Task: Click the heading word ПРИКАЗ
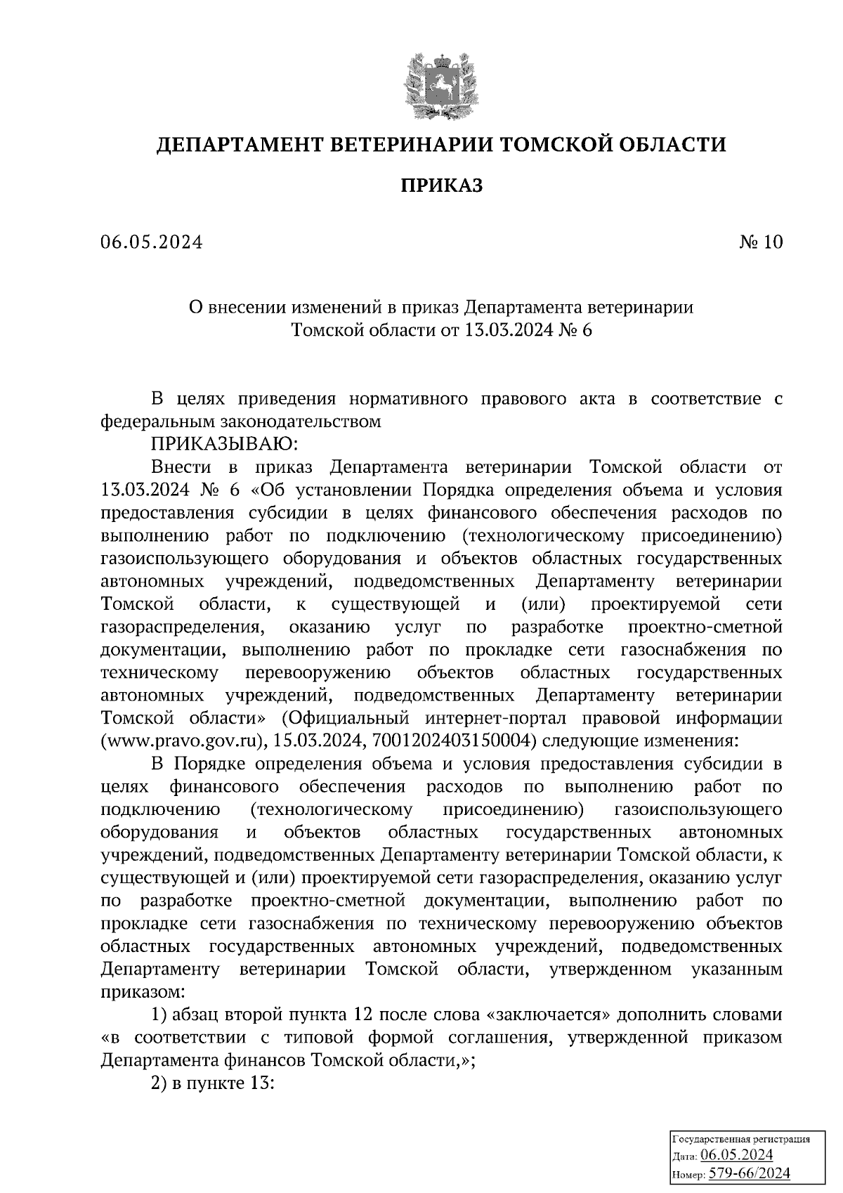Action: (x=441, y=185)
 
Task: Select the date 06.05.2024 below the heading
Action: (x=151, y=242)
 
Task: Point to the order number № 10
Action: (x=760, y=242)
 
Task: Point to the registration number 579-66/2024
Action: (x=749, y=1173)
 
